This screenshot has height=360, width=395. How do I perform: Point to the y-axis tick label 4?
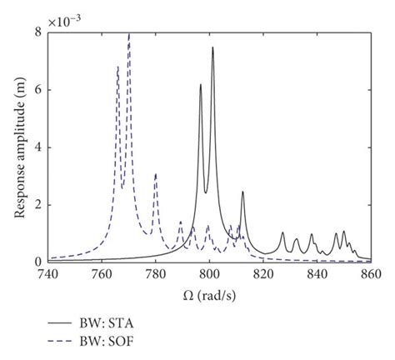[38, 147]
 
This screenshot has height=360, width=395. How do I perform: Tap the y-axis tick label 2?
[38, 205]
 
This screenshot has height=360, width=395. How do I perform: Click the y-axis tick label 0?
[38, 262]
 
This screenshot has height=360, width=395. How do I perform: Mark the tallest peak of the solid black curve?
[212, 47]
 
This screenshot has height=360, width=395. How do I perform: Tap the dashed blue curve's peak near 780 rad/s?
[155, 174]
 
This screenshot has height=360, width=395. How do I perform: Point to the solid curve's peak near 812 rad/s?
[242, 192]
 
